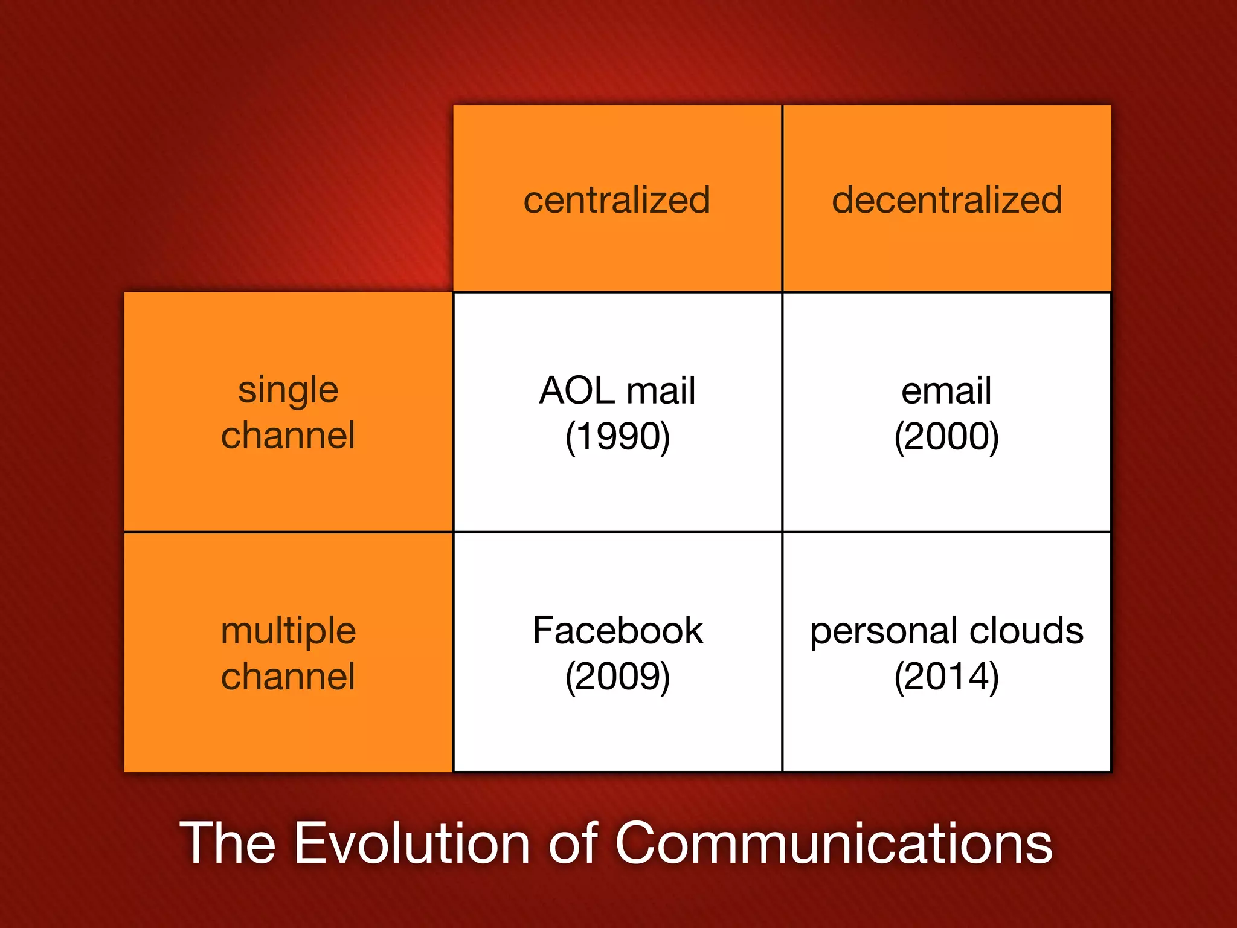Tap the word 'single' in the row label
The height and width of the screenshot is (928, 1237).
point(288,391)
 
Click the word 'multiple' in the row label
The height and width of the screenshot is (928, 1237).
point(288,632)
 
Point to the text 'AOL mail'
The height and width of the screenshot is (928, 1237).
point(617,390)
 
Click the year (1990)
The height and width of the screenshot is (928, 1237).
point(617,436)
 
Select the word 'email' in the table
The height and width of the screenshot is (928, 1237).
point(946,391)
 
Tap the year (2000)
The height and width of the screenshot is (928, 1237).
point(946,436)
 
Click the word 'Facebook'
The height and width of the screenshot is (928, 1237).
point(617,631)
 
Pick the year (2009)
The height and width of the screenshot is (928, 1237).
point(617,676)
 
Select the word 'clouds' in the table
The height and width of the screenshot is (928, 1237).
point(1027,631)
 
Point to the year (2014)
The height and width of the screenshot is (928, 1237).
point(946,676)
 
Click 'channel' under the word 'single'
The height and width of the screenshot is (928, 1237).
point(288,436)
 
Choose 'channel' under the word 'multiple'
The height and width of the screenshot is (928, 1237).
point(288,676)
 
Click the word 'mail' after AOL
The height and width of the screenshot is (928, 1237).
point(661,390)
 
